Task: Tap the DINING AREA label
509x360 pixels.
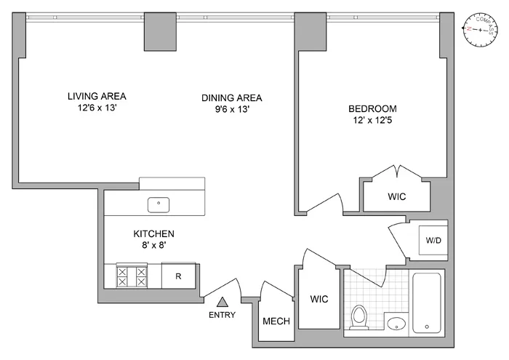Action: (x=231, y=98)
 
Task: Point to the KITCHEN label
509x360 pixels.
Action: (x=153, y=234)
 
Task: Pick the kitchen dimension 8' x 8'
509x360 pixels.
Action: (x=153, y=246)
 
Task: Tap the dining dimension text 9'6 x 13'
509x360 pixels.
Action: (x=231, y=110)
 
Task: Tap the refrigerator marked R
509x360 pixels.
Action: (x=177, y=276)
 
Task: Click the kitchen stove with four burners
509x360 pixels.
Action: (x=132, y=276)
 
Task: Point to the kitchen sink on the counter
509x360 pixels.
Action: (x=159, y=204)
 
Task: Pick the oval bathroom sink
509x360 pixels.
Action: (x=396, y=324)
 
